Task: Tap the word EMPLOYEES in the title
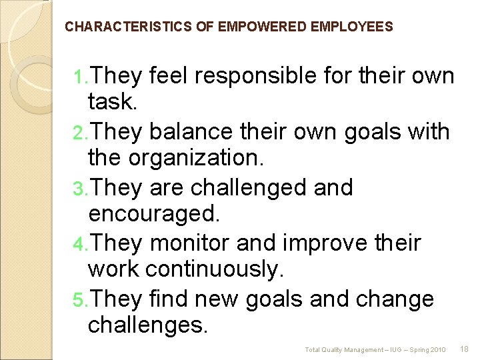pyautogui.click(x=351, y=27)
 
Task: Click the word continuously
pyautogui.click(x=214, y=271)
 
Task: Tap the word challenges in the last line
pyautogui.click(x=148, y=327)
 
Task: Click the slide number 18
pyautogui.click(x=465, y=349)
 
